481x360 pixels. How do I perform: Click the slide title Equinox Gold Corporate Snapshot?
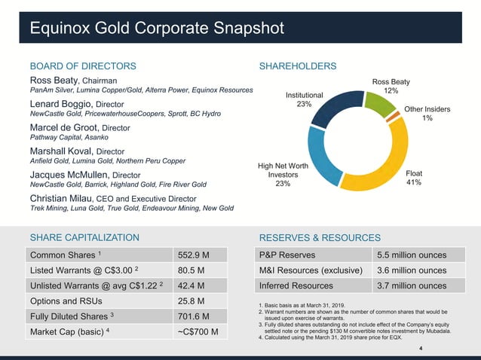tap(156, 29)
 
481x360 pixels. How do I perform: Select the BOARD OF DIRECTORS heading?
tap(82, 66)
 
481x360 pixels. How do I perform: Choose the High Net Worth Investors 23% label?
tap(283, 175)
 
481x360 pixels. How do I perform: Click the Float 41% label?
tap(415, 177)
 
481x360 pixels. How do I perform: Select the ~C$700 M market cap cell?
tap(198, 332)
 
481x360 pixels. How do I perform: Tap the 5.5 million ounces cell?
tap(411, 255)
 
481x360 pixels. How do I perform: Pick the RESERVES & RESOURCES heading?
tap(320, 238)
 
